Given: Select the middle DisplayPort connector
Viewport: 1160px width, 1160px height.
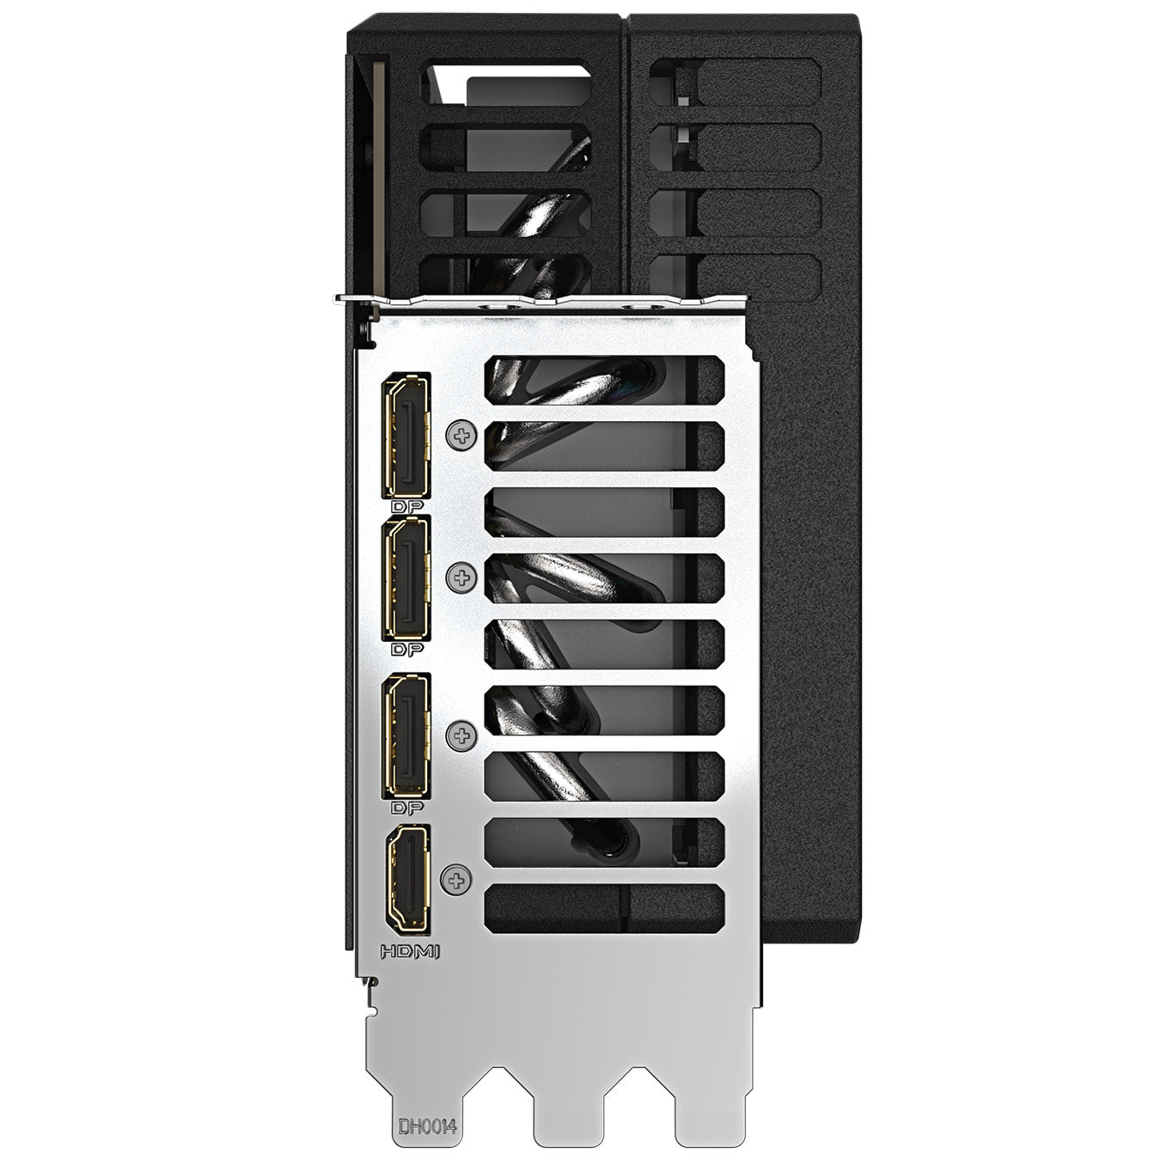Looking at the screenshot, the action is click(406, 579).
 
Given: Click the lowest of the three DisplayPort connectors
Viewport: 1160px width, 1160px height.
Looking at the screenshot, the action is click(406, 736).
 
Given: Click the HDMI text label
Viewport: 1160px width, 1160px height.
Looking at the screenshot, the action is click(411, 952).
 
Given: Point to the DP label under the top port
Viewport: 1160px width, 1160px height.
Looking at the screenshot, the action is click(407, 507).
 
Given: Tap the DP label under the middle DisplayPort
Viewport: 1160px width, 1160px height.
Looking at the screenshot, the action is click(407, 650).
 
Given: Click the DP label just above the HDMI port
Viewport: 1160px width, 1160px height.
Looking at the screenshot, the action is click(407, 807).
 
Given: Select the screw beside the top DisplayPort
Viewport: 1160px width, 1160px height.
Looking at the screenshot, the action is click(461, 435).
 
